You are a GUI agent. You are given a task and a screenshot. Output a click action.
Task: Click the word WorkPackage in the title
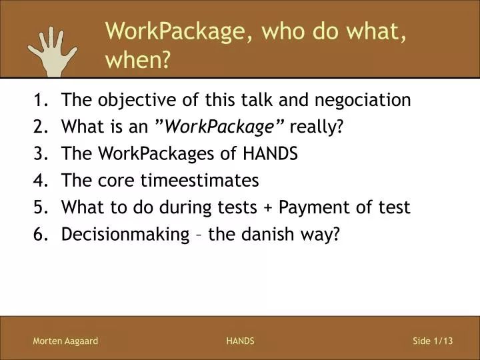[x=176, y=30]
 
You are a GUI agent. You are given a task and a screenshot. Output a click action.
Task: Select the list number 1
[x=39, y=101]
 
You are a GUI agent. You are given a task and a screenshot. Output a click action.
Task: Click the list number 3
[x=39, y=154]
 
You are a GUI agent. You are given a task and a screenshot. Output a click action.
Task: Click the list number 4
[x=39, y=181]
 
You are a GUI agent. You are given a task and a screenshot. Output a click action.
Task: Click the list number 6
[x=39, y=235]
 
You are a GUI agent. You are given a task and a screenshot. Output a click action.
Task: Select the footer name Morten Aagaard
[x=65, y=341]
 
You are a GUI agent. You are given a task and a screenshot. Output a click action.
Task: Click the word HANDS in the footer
[x=240, y=341]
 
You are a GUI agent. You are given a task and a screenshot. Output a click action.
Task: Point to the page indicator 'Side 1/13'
[x=433, y=341]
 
